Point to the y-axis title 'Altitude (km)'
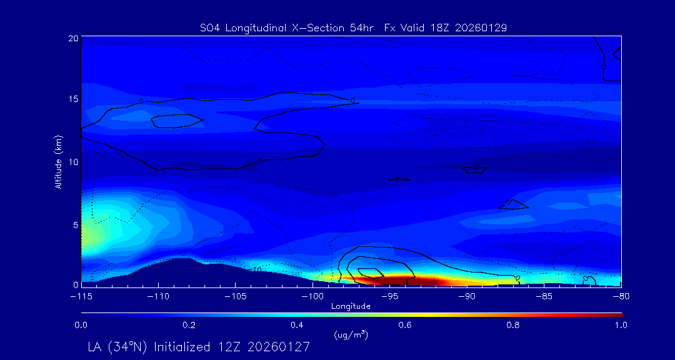point(58,162)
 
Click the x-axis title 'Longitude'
point(351,306)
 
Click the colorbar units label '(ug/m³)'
point(351,336)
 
